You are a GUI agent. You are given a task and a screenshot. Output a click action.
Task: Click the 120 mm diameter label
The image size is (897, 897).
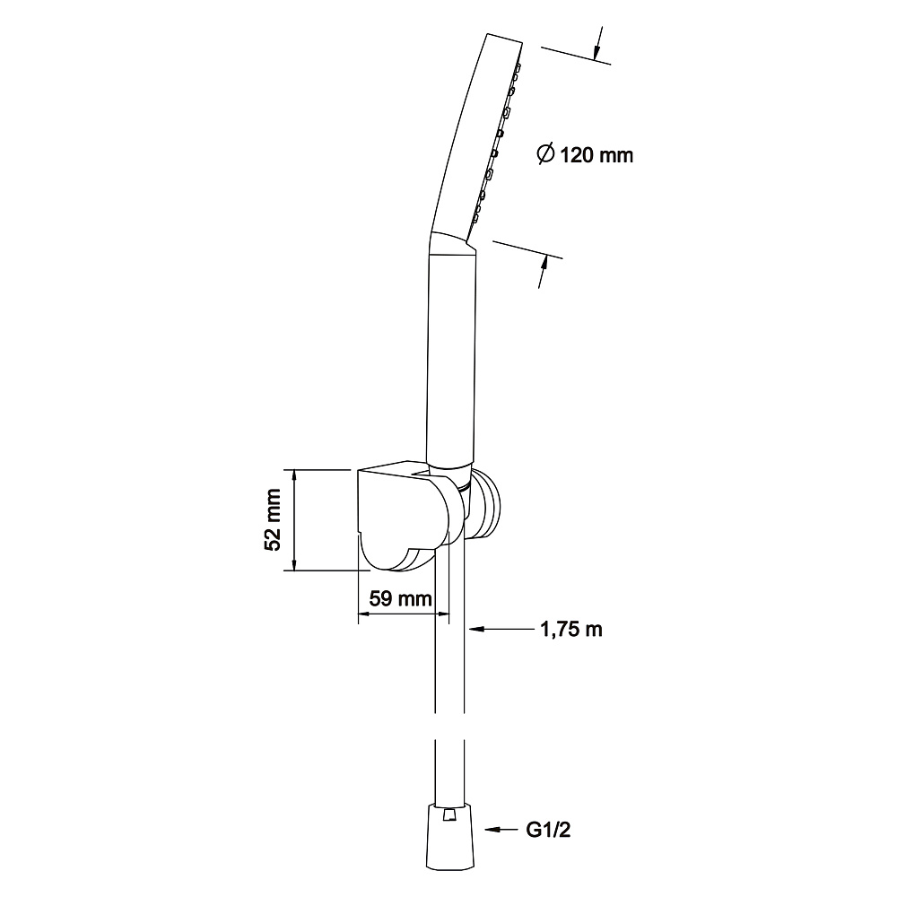(x=585, y=154)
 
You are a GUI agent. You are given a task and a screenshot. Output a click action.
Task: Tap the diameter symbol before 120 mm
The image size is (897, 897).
(x=546, y=154)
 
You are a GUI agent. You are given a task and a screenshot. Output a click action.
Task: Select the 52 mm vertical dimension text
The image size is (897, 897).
(x=273, y=519)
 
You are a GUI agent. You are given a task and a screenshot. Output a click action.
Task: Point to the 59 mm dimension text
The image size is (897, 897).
(x=400, y=598)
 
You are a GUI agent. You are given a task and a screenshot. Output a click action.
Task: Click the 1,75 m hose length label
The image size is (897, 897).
(x=571, y=630)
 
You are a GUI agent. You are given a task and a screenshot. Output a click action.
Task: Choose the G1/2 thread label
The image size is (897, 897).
(x=548, y=830)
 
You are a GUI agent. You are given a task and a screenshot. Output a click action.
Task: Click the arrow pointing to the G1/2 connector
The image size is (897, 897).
(x=501, y=829)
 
